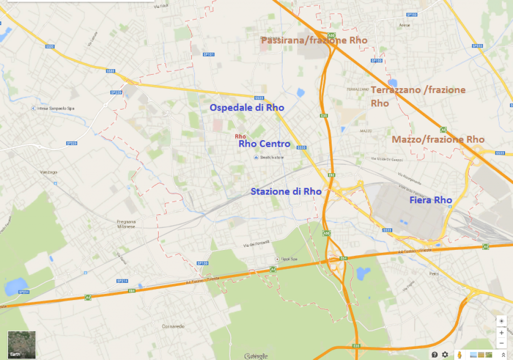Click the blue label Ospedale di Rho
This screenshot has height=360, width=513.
click(246, 108)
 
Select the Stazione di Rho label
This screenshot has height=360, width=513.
click(286, 191)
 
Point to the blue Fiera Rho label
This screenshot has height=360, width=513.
click(431, 200)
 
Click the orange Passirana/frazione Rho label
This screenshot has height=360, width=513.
click(314, 41)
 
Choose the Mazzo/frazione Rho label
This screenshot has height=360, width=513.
click(438, 139)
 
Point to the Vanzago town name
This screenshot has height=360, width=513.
click(49, 172)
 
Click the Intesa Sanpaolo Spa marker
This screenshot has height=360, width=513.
click(34, 108)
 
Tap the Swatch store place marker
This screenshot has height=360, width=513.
click(256, 158)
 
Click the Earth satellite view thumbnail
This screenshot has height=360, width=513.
click(22, 343)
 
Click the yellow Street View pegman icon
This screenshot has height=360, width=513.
click(458, 354)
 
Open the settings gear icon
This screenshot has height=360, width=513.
click(445, 354)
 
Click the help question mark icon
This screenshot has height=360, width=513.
click(434, 354)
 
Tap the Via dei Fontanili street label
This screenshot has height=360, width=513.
click(256, 244)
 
